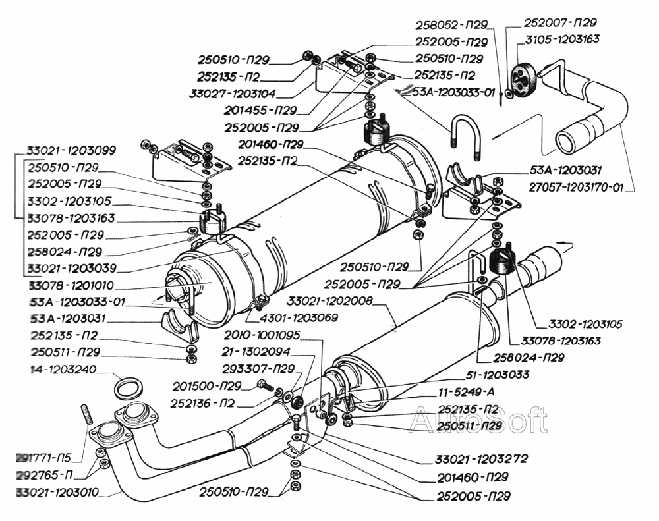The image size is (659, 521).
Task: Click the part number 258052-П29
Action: (451, 25)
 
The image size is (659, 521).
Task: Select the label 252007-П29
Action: (560, 22)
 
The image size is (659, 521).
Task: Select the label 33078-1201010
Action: (71, 286)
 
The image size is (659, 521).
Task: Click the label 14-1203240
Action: (63, 370)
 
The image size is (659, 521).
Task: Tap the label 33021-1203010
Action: (57, 492)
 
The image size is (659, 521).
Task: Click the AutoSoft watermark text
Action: (478, 420)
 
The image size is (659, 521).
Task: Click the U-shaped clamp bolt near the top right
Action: (465, 136)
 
